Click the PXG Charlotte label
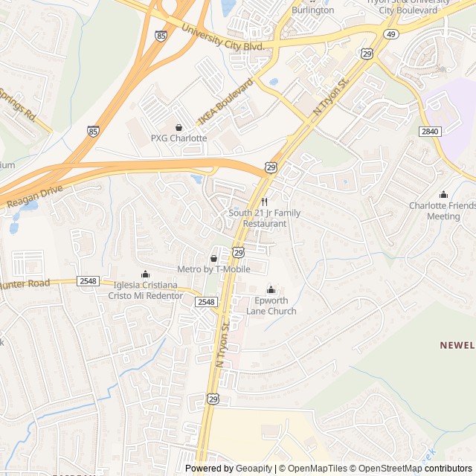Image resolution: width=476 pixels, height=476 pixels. point(178,138)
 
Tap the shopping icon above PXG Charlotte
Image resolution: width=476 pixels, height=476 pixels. point(178,127)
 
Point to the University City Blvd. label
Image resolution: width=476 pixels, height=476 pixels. point(223,36)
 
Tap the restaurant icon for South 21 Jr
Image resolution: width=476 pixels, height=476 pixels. point(264,202)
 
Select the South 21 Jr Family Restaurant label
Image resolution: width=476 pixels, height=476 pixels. point(264,218)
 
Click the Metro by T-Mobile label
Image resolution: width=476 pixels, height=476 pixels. point(213,269)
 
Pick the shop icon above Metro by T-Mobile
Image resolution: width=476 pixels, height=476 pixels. point(213,258)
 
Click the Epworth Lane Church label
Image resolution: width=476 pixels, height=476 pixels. point(271,306)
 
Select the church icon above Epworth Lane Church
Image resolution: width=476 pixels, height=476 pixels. point(271,290)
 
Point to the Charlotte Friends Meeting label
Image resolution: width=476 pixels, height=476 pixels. point(443,211)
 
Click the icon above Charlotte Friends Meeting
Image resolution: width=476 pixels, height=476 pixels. point(444,195)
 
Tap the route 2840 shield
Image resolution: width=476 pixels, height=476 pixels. point(430,131)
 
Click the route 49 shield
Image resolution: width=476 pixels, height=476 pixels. point(391,33)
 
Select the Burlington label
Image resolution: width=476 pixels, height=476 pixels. point(312,11)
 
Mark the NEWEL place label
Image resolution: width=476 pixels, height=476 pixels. point(457,345)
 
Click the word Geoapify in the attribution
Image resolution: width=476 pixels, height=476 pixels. point(255,469)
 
